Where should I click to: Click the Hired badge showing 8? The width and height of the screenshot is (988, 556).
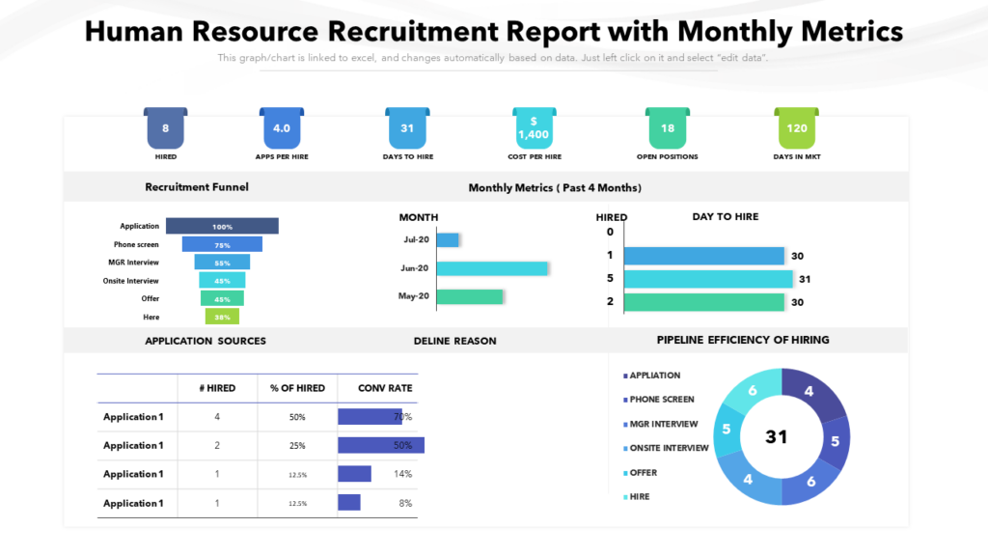[166, 128]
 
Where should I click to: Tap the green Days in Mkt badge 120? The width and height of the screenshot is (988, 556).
[797, 128]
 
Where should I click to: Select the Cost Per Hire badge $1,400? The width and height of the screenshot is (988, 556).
[533, 128]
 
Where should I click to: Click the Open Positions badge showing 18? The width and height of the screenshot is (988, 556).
[667, 128]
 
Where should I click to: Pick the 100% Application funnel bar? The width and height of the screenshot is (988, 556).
[222, 226]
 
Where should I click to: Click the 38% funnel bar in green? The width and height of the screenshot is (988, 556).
[222, 317]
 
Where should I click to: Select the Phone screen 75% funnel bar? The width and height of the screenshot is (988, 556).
[222, 244]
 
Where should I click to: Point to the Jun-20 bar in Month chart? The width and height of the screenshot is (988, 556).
[492, 268]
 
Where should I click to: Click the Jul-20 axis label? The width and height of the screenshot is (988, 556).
[416, 239]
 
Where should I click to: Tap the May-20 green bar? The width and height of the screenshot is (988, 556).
[470, 296]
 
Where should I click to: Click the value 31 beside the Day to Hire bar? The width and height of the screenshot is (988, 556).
[805, 279]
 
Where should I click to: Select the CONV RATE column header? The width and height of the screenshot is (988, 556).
[385, 388]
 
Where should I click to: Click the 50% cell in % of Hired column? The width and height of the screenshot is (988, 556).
[297, 417]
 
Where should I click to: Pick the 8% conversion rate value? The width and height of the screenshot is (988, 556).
[404, 503]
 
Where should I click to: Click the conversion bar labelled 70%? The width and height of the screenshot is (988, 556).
[369, 417]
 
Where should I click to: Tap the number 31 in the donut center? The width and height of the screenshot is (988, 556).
[777, 436]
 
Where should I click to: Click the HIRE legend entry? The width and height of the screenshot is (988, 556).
[639, 496]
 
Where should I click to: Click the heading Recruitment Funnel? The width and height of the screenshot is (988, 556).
[197, 187]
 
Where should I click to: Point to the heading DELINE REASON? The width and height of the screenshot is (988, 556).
[454, 341]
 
